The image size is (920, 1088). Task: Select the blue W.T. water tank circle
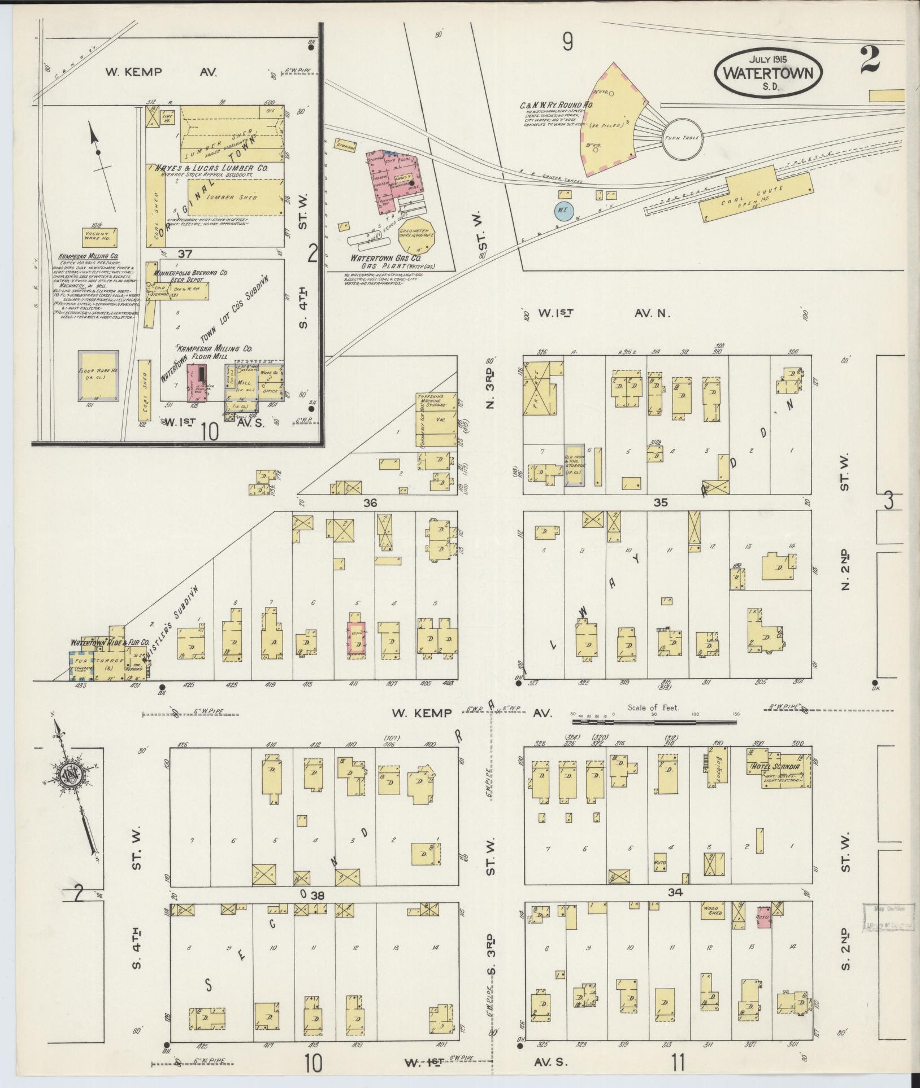click(563, 210)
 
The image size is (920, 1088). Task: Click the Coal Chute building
click(754, 196)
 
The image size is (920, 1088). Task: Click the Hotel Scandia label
click(775, 766)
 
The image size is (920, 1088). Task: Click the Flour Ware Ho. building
click(98, 376)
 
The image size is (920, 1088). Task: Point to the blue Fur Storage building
click(80, 664)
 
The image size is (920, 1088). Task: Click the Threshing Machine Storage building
click(436, 419)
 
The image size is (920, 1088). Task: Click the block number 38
click(318, 895)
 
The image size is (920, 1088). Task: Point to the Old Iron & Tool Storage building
click(574, 465)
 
